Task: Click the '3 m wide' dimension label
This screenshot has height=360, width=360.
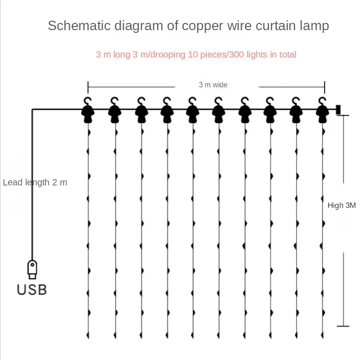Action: [213, 85]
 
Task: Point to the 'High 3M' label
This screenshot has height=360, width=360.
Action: [342, 205]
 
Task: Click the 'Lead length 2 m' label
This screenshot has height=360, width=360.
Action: [35, 183]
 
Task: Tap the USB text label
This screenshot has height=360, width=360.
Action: [32, 289]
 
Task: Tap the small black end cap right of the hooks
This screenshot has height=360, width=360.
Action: [337, 109]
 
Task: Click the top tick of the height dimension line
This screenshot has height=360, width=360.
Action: [343, 115]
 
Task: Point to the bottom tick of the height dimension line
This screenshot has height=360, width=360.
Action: [343, 326]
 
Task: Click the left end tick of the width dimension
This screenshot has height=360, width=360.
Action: [88, 86]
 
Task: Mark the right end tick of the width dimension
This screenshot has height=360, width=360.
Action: [324, 86]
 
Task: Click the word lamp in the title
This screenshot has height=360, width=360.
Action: [315, 26]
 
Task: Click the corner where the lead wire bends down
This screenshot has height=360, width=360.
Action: [32, 109]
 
